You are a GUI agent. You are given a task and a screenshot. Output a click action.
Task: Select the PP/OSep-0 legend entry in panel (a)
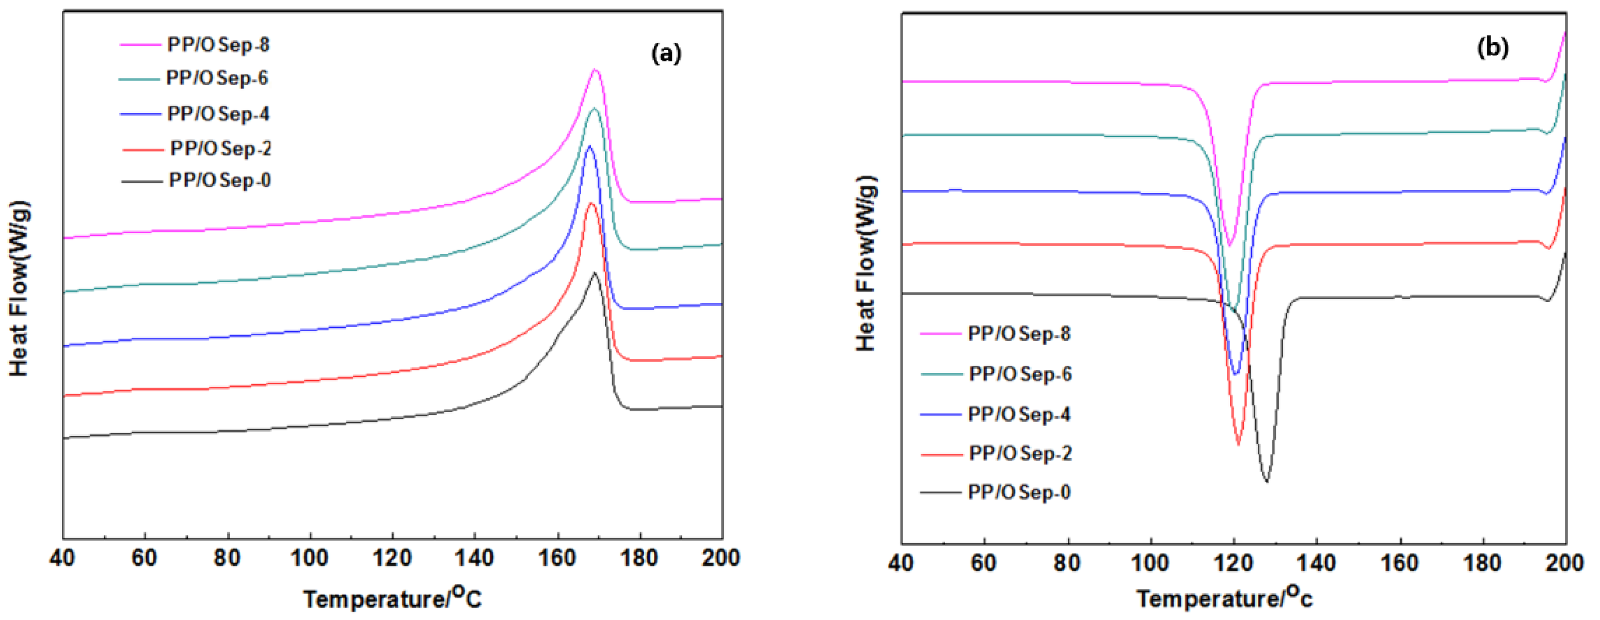coord(219,181)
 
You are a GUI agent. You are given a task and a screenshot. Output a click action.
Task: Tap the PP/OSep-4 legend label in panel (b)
coord(1019,415)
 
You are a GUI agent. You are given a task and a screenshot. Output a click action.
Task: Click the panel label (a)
coord(666,53)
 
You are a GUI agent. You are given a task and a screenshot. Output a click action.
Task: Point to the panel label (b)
coord(1492,48)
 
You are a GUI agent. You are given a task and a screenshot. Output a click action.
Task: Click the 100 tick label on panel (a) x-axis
coord(309,559)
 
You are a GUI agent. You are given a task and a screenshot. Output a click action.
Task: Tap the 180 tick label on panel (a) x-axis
coord(639,559)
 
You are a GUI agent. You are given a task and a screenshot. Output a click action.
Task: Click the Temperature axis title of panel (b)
coord(1224,598)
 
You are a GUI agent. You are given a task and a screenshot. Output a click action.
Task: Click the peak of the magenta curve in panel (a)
coord(595,70)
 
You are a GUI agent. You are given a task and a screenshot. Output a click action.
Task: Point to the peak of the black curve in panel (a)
coord(595,272)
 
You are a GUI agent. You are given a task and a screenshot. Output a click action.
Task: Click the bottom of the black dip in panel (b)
coord(1267,482)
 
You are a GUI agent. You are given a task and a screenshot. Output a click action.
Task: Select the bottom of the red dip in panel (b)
coord(1238,444)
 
